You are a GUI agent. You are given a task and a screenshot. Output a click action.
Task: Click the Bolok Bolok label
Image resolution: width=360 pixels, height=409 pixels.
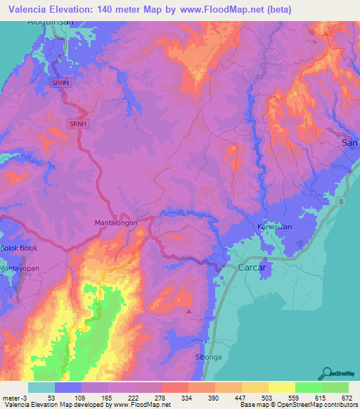[18, 249]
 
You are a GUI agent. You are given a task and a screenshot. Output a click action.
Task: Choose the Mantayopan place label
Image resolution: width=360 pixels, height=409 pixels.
[20, 268]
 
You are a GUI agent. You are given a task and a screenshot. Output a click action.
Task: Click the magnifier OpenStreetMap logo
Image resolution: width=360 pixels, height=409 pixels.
[327, 373]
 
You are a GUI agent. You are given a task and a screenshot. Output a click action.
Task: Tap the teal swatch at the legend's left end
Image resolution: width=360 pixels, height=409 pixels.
[41, 387]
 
